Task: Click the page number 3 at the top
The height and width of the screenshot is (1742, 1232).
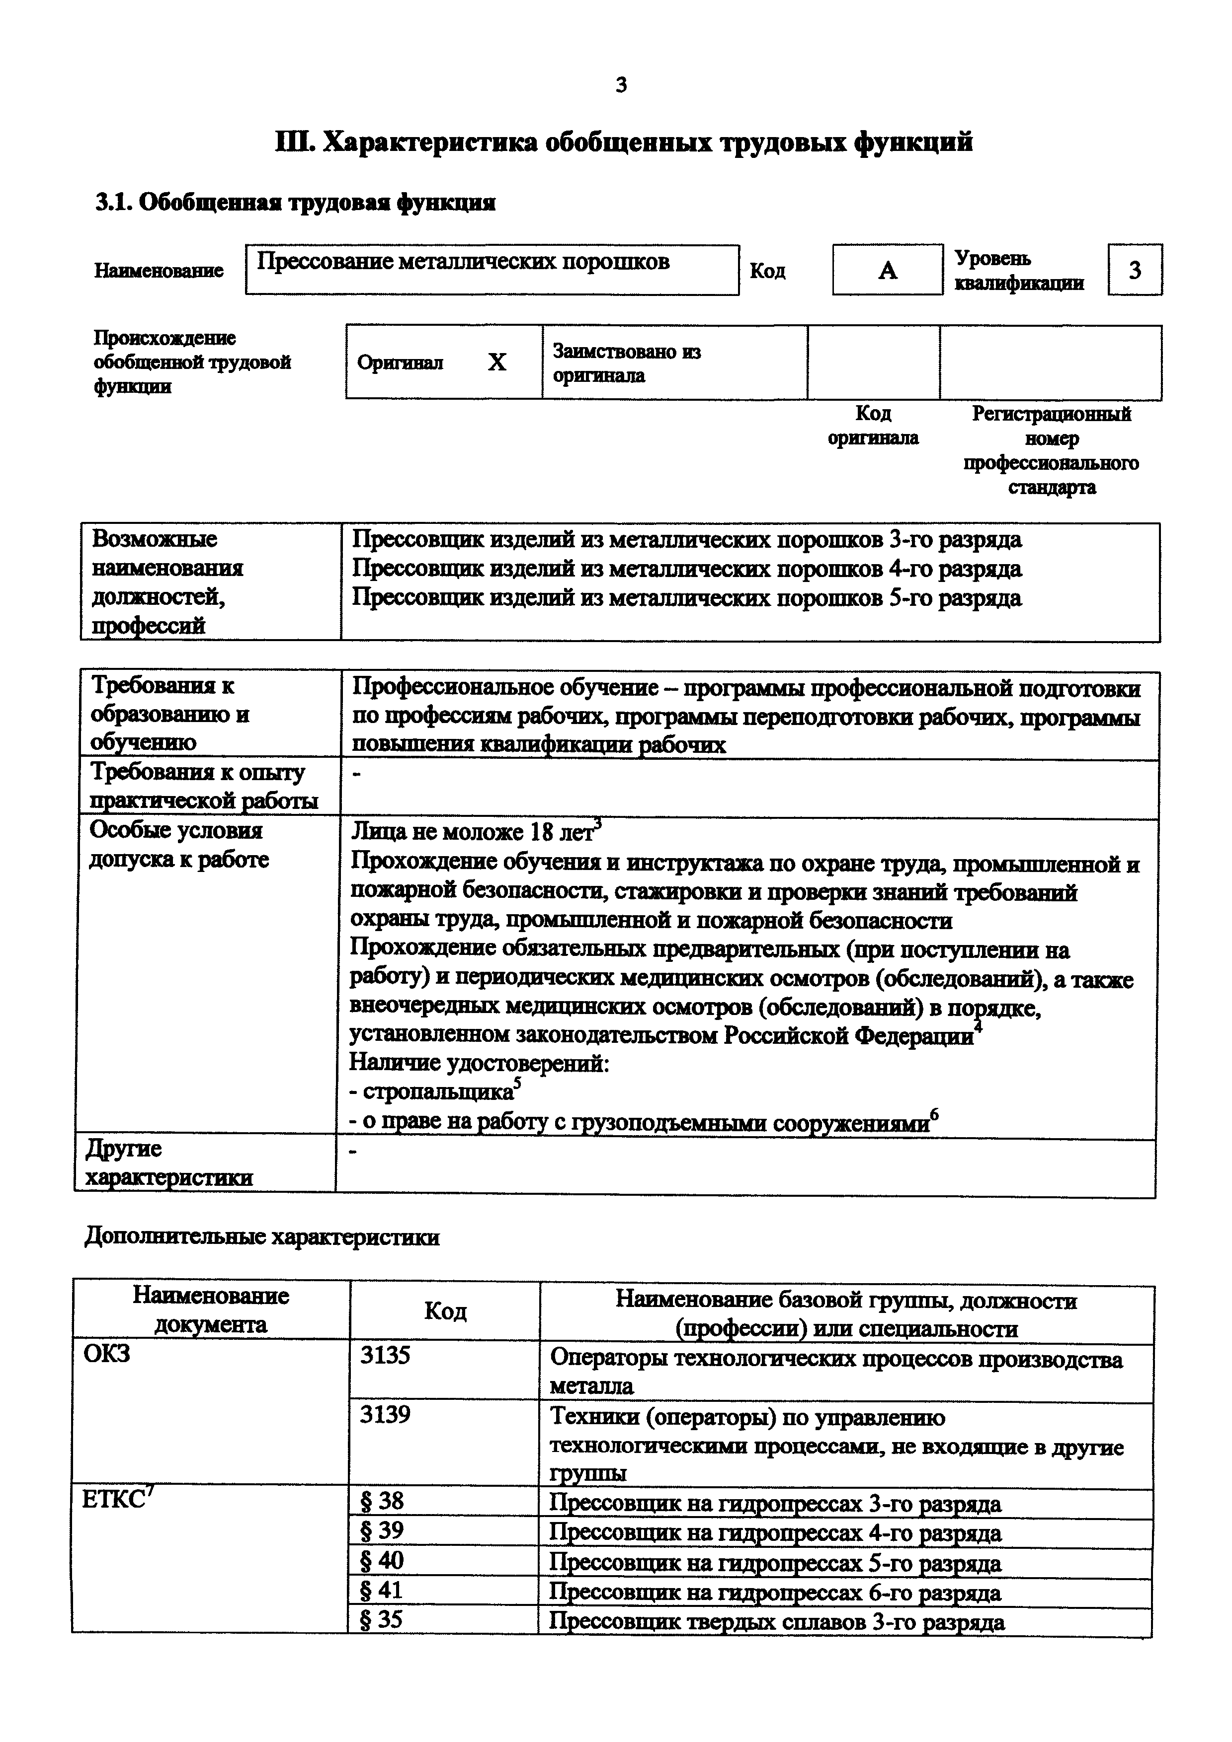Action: click(x=621, y=85)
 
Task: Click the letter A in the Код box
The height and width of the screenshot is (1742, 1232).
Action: click(x=888, y=270)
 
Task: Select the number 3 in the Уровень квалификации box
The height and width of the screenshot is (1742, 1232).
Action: click(x=1134, y=270)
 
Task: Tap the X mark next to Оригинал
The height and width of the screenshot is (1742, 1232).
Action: click(x=496, y=363)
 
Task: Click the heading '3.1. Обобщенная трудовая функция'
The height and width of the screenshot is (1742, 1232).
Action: click(x=295, y=203)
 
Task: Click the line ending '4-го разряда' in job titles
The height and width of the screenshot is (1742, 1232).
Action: click(x=686, y=569)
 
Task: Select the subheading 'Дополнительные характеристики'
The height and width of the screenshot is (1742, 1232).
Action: click(x=262, y=1237)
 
